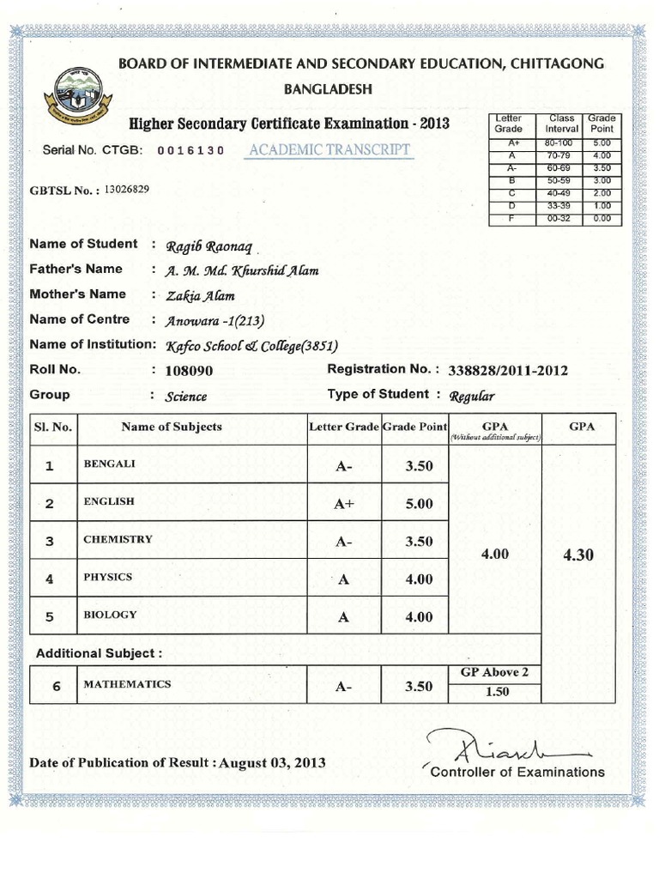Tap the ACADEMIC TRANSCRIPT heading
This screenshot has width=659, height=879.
coord(329,150)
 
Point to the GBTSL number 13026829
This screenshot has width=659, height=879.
coord(126,189)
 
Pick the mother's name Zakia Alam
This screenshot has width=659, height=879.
coord(193,296)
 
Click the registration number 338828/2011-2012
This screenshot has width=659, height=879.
coord(508,371)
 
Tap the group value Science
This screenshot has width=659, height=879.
coord(186,397)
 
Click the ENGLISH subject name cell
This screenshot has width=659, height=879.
coord(108,501)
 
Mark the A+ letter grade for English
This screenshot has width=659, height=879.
coord(343,504)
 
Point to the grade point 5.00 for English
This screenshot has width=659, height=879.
coord(419,504)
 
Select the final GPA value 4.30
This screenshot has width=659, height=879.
coord(577,555)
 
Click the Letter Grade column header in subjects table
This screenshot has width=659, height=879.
coord(343,427)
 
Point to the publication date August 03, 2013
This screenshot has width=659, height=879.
coord(273,762)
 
